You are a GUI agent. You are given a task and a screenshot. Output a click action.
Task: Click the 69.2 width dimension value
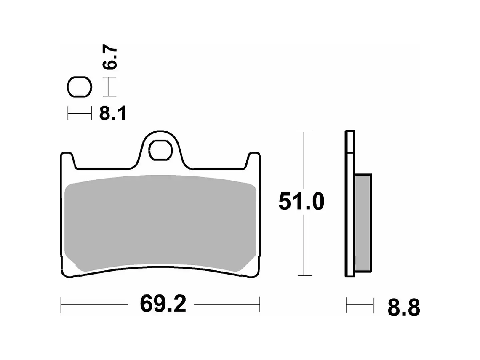[x=163, y=304]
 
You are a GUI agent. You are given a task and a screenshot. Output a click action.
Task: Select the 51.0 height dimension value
[x=301, y=203]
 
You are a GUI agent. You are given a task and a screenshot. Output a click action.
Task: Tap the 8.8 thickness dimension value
[x=403, y=308]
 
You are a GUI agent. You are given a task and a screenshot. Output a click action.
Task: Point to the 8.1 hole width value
[x=112, y=113]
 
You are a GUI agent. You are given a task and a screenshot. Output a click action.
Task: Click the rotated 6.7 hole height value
[x=111, y=59]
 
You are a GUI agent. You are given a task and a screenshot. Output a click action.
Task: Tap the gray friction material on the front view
[x=161, y=223]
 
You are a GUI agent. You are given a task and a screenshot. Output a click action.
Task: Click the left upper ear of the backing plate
[x=68, y=160]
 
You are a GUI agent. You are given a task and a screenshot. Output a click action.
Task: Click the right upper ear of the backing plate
[x=253, y=160]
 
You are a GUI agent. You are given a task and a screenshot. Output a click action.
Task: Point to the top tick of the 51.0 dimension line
[x=304, y=131]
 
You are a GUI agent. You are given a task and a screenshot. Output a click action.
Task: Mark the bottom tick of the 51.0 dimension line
[x=304, y=276]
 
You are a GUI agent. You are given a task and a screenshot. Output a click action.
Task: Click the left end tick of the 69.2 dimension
[x=61, y=304]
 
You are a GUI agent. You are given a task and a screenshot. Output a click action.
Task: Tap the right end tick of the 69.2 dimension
[x=260, y=304]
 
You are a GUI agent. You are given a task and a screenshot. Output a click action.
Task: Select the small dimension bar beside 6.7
[x=109, y=88]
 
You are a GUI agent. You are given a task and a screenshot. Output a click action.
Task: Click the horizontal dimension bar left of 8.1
[x=80, y=113]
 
